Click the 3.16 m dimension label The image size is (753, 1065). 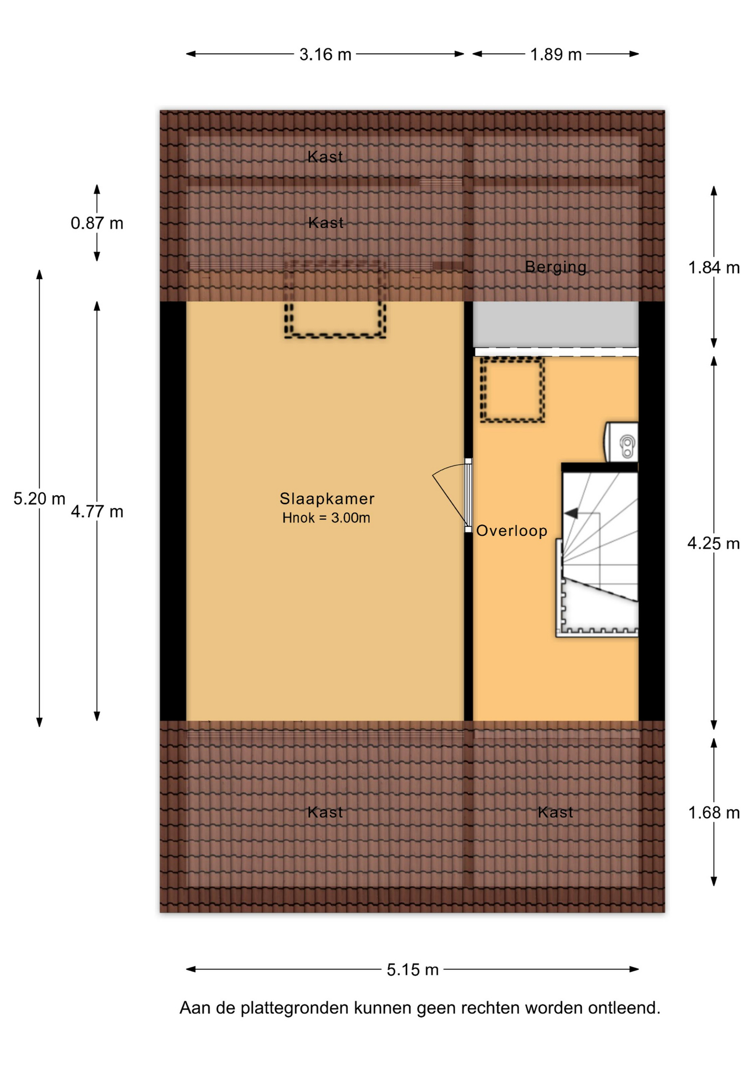(x=325, y=54)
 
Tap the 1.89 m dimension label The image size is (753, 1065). (x=556, y=54)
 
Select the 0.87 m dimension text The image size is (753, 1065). (x=97, y=223)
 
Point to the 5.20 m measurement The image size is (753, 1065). (x=39, y=499)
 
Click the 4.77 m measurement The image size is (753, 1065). (x=97, y=511)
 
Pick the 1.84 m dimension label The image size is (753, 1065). (x=714, y=268)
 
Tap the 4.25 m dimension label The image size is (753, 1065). (x=714, y=544)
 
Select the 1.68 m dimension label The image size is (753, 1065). (x=714, y=813)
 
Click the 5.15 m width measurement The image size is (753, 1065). (x=413, y=970)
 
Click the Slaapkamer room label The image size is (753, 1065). (x=327, y=499)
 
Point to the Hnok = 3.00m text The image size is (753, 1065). (x=326, y=518)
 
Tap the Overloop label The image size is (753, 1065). (x=512, y=531)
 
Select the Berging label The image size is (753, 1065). (x=556, y=267)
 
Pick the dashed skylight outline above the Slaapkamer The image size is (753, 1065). (x=335, y=335)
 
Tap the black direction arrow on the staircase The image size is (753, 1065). (x=571, y=514)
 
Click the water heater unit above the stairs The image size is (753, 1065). (x=622, y=442)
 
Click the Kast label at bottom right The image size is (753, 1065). (x=556, y=813)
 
